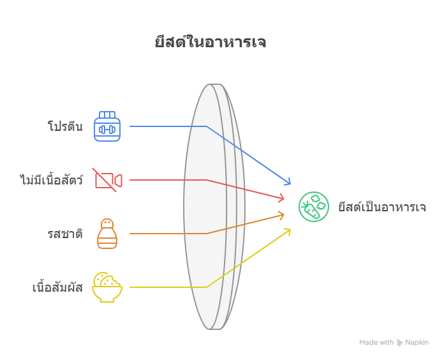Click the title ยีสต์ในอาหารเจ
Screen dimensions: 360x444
coord(210,43)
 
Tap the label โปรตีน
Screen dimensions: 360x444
coord(65,126)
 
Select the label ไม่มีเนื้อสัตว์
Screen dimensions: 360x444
coord(51,180)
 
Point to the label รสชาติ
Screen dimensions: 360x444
coord(65,234)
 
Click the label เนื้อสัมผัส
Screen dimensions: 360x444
coord(57,287)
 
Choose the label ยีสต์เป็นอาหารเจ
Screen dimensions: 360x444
coord(382,207)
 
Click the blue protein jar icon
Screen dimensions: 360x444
coord(107,126)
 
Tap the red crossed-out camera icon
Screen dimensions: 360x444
coord(107,180)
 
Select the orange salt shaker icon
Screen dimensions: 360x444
coord(107,234)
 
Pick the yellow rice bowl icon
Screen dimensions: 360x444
coord(107,287)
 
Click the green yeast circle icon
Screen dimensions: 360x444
coord(314,207)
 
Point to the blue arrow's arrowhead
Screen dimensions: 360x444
coord(288,183)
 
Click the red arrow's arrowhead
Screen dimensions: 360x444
coord(282,199)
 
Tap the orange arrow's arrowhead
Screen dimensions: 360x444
coord(282,215)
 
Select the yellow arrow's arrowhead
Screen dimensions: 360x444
coord(288,230)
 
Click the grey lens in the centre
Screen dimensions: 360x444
coord(214,207)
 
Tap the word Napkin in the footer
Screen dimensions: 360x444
coord(417,343)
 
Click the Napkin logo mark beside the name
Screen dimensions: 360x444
coord(400,343)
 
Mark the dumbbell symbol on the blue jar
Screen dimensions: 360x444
coord(107,130)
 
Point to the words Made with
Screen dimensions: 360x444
coord(376,343)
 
